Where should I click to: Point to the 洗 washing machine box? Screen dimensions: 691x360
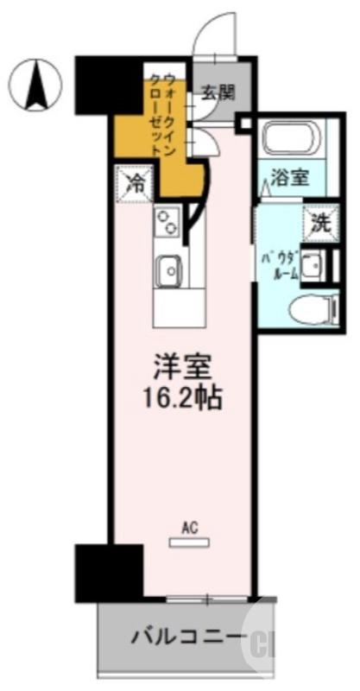coord(319,222)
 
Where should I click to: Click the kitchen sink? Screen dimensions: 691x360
coord(170,272)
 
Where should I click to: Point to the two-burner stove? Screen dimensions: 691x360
coord(167,222)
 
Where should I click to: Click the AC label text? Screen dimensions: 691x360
coord(188,524)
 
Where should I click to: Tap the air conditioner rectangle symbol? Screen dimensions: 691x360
coord(188,541)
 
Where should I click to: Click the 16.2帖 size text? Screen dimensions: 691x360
coord(181,399)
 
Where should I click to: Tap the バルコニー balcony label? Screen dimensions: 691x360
coord(186,639)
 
